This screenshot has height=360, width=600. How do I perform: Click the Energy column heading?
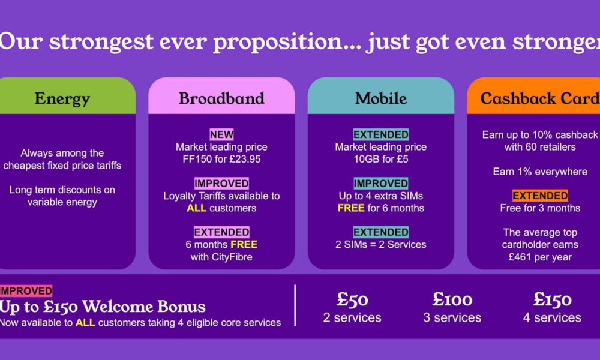click(x=62, y=99)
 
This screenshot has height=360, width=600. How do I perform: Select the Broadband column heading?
click(x=221, y=98)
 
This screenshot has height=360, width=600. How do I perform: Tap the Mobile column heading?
click(x=381, y=98)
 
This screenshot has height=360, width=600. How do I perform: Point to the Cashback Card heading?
click(x=540, y=98)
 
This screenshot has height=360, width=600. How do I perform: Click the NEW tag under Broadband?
click(x=221, y=134)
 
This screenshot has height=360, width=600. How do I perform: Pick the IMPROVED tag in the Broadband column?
click(x=221, y=183)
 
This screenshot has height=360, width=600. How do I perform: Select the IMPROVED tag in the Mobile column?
click(x=381, y=183)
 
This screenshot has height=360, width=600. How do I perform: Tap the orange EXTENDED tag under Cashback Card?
click(x=540, y=196)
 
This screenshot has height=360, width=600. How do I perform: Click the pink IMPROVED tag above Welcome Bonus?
click(x=26, y=291)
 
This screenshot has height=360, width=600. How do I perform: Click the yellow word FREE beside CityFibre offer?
click(x=244, y=244)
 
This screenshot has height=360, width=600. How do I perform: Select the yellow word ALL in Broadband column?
click(x=196, y=208)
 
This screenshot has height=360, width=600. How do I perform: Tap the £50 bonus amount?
click(x=352, y=299)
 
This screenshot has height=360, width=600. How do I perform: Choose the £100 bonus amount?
click(x=452, y=299)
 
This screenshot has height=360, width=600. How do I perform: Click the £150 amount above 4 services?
click(x=552, y=299)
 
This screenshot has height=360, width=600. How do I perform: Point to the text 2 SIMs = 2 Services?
click(x=381, y=244)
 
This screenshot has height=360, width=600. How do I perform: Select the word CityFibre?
click(x=232, y=257)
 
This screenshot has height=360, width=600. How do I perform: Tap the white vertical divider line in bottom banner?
click(x=295, y=305)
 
